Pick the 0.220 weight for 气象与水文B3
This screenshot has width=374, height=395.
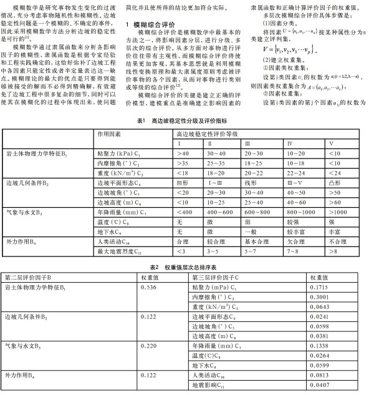point(150,344)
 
